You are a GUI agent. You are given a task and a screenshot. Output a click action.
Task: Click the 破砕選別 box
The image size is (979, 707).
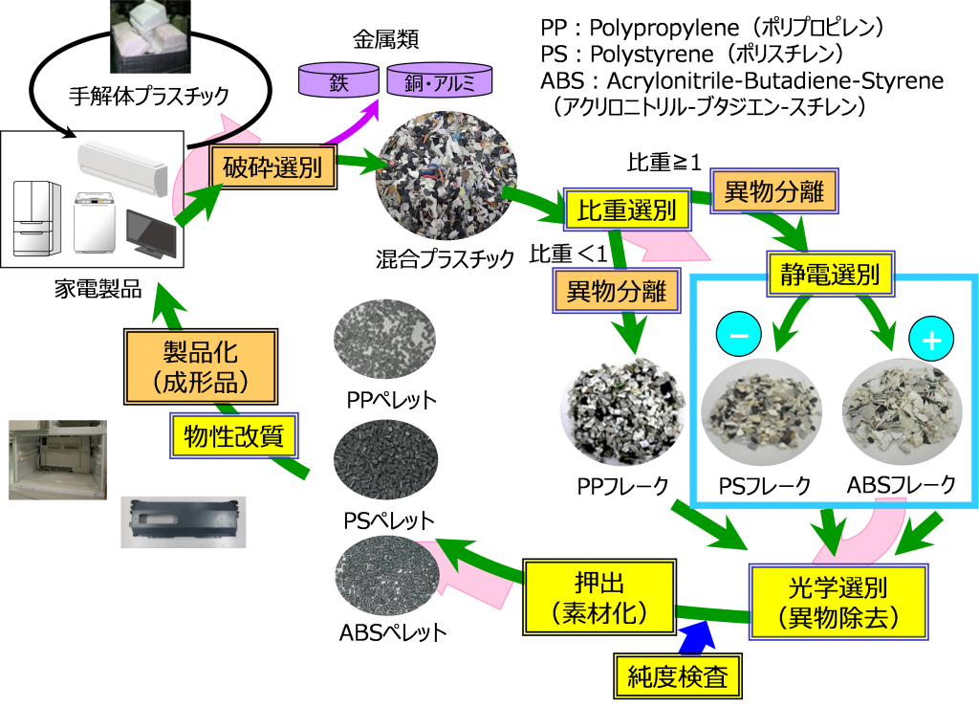pyautogui.click(x=273, y=169)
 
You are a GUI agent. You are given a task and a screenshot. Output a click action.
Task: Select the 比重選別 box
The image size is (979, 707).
pyautogui.click(x=627, y=210)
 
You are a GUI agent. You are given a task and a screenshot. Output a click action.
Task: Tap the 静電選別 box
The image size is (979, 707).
pyautogui.click(x=830, y=276)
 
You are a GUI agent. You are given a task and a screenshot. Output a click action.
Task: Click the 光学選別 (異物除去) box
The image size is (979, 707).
pyautogui.click(x=838, y=601)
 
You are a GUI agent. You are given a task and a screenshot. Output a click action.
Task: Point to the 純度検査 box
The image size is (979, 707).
pyautogui.click(x=678, y=677)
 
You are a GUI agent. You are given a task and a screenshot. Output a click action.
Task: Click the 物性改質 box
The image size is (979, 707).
pyautogui.click(x=234, y=437)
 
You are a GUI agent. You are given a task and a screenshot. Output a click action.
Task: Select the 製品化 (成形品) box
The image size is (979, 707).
pyautogui.click(x=201, y=366)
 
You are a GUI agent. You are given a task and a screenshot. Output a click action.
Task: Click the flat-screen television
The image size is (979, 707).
pyautogui.click(x=150, y=233)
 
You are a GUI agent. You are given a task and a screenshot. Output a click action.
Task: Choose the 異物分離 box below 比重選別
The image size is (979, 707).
pyautogui.click(x=617, y=291)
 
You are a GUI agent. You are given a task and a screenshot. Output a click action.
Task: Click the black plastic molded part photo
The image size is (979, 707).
pyautogui.click(x=183, y=521)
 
